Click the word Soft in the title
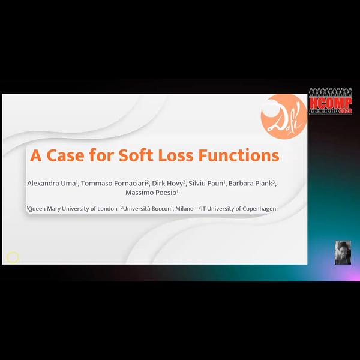pyautogui.click(x=136, y=155)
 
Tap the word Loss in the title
pyautogui.click(x=176, y=155)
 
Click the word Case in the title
pyautogui.click(x=65, y=155)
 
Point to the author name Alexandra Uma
pyautogui.click(x=52, y=183)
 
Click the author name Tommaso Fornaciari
pyautogui.click(x=113, y=183)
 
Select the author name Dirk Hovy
pyautogui.click(x=167, y=184)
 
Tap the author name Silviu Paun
pyautogui.click(x=206, y=183)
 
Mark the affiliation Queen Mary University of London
pyautogui.click(x=73, y=208)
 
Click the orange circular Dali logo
pyautogui.click(x=284, y=116)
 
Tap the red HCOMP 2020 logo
pyautogui.click(x=331, y=101)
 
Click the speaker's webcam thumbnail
pyautogui.click(x=343, y=253)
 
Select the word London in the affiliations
pyautogui.click(x=107, y=208)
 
